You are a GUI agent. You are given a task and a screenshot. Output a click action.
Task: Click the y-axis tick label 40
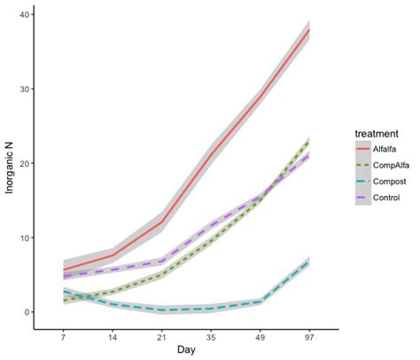27,15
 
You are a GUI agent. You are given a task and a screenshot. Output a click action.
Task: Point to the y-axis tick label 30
27,90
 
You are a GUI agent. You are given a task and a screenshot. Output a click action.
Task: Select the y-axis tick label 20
27,164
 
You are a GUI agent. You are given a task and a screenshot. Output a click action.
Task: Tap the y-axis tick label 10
27,239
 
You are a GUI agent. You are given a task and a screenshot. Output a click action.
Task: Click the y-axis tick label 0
29,312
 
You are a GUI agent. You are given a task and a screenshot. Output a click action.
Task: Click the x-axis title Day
185,352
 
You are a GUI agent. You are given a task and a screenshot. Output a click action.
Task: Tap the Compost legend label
370,180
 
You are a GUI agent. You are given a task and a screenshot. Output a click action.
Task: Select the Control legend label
369,196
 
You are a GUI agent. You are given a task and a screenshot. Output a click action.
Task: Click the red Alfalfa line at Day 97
307,30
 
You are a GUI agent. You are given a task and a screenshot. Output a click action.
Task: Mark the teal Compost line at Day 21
160,309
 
